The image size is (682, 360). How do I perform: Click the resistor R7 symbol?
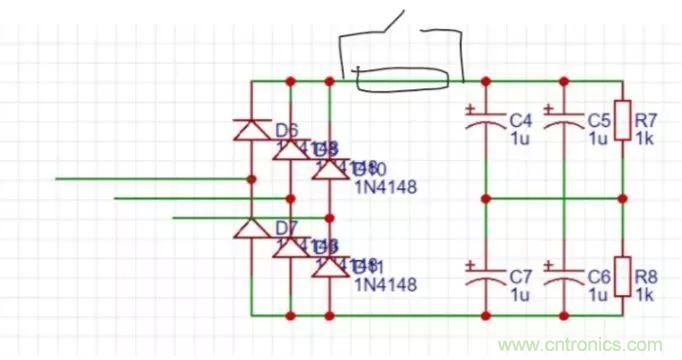click(x=622, y=120)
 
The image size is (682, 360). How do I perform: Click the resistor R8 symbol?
click(x=622, y=276)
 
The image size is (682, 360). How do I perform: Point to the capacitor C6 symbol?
click(x=563, y=279)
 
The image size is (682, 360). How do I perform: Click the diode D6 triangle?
click(x=250, y=130)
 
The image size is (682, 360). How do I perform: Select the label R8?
click(x=646, y=278)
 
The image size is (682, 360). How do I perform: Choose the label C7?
click(x=521, y=276)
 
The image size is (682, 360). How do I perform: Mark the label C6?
click(x=598, y=276)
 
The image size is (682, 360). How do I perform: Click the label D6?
click(x=287, y=131)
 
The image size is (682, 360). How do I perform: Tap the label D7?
click(x=287, y=229)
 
